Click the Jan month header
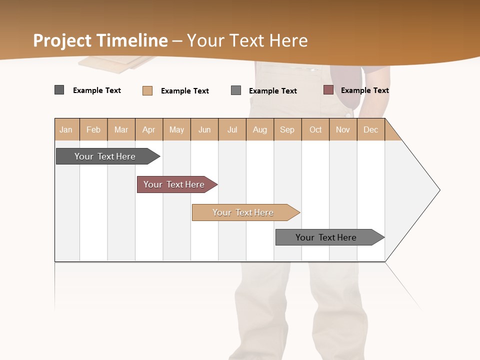pos(66,130)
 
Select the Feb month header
pos(93,130)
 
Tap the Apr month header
pos(149,130)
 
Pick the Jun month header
pos(204,130)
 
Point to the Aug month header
pos(260,130)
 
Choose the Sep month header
pos(287,130)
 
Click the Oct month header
pos(315,130)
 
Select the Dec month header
pos(371,130)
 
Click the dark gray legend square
pos(59,90)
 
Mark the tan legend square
pos(147,90)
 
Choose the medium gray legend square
pos(236,90)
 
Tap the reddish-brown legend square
pos(328,90)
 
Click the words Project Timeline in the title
pos(100,40)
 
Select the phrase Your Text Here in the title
pos(247,40)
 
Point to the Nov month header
pos(343,130)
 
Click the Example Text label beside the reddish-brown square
pos(365,90)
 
